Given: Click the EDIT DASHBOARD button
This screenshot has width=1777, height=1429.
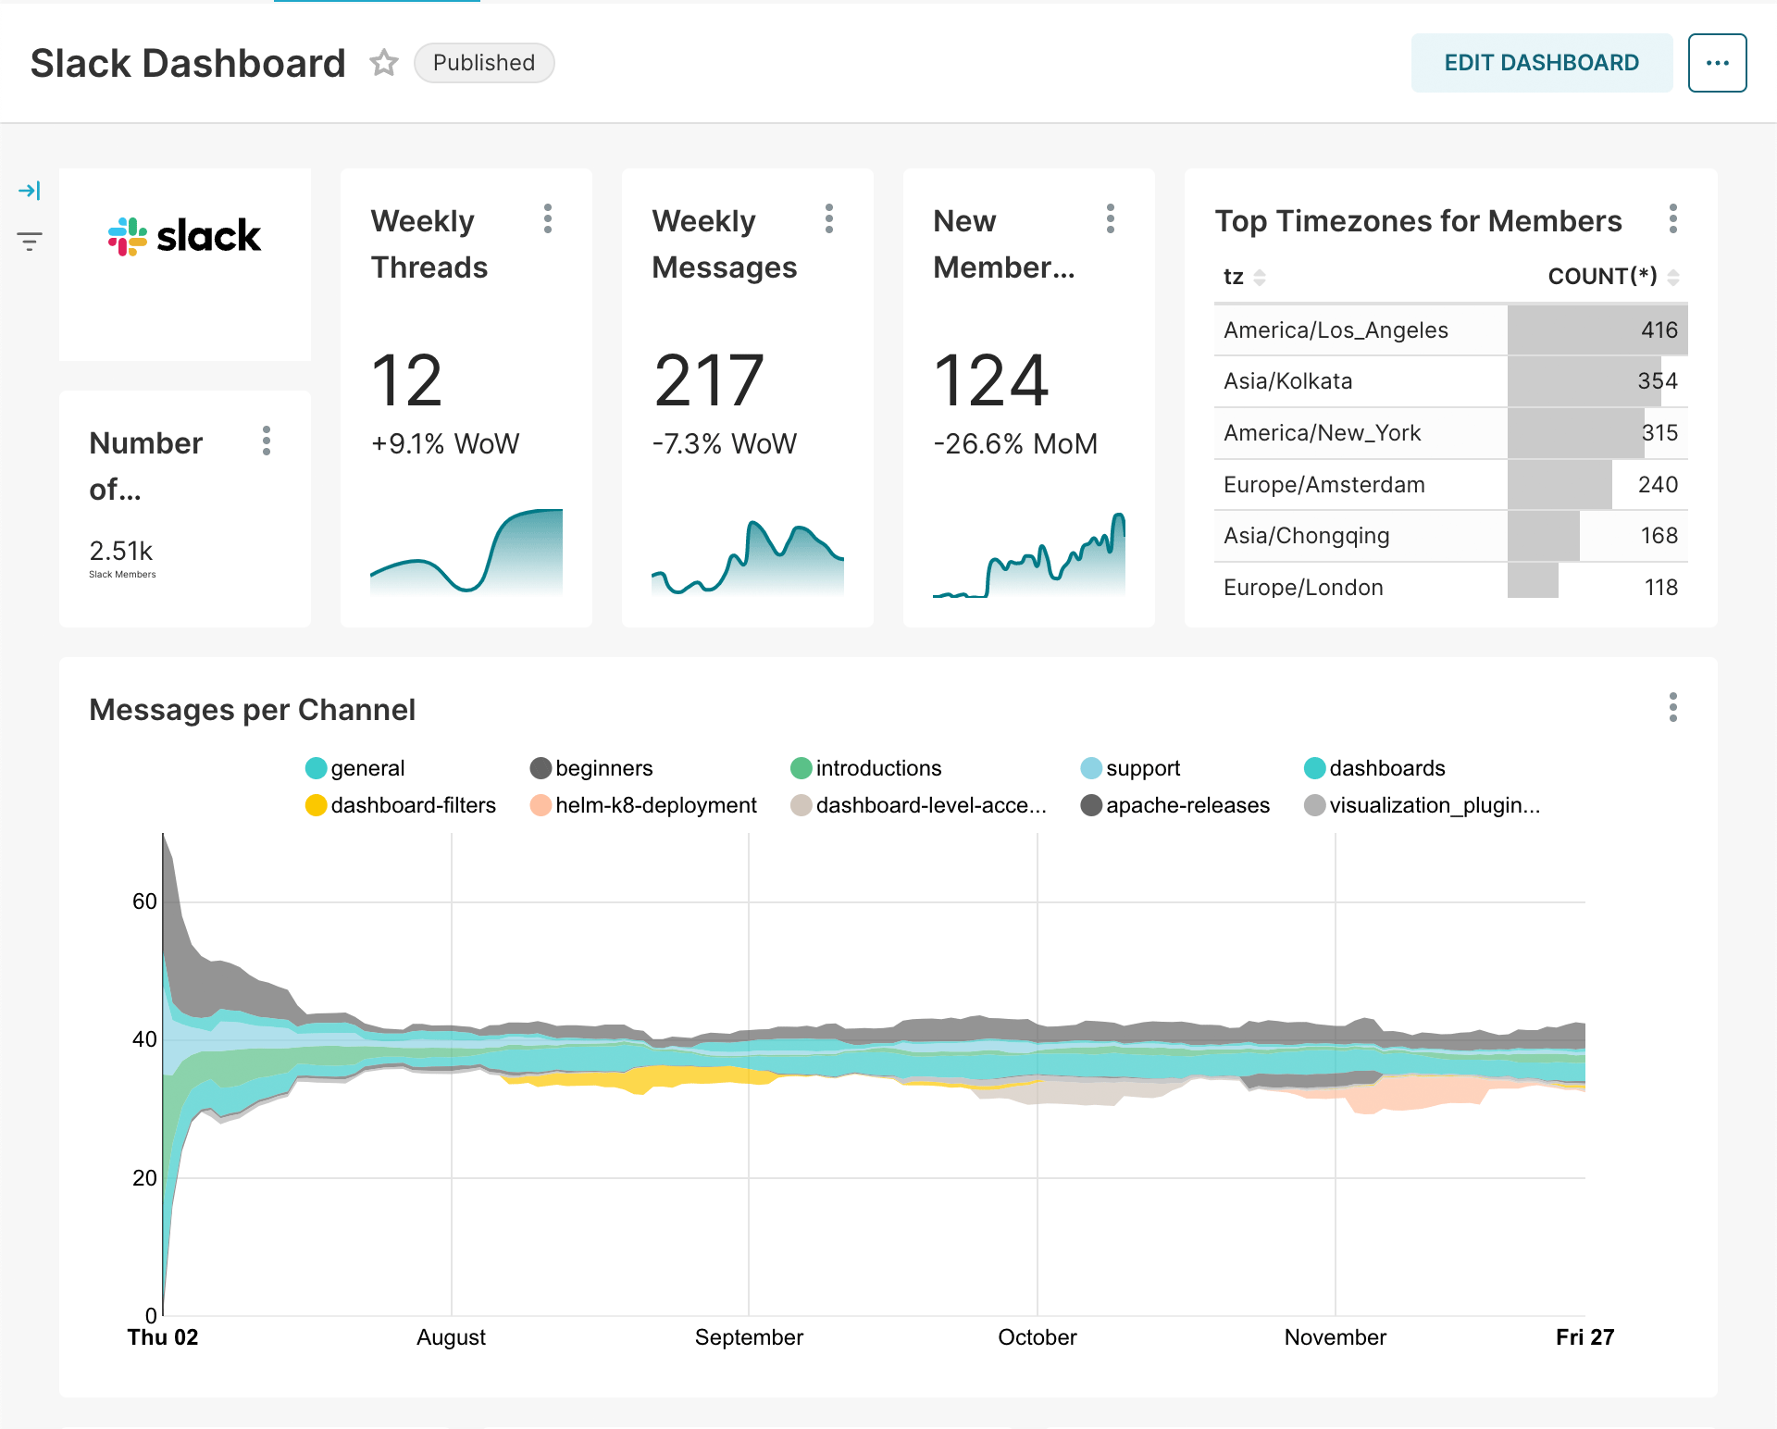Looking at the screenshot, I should [x=1541, y=63].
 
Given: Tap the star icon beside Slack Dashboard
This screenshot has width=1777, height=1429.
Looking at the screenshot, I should [x=383, y=63].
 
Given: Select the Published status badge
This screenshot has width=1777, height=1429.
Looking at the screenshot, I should [x=483, y=63].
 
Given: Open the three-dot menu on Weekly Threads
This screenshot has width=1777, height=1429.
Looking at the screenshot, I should [x=548, y=219].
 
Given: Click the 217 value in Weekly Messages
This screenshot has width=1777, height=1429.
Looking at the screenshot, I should [x=709, y=380].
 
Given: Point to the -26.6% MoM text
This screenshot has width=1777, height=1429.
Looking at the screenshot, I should [x=1015, y=444].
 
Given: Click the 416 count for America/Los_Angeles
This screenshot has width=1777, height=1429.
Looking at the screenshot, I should [x=1659, y=330].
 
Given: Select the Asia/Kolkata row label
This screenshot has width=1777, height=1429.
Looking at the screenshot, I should [x=1287, y=381].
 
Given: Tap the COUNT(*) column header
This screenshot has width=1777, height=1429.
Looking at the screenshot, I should [x=1602, y=277].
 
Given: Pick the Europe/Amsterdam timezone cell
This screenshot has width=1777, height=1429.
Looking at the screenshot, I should [x=1323, y=485].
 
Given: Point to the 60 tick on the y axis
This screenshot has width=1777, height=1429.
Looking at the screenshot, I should [x=144, y=901].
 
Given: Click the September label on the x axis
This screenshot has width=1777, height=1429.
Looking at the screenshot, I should [x=749, y=1337].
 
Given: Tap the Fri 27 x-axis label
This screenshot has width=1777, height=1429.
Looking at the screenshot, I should [x=1584, y=1337].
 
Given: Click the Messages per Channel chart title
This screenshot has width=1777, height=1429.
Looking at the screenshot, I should [x=252, y=710].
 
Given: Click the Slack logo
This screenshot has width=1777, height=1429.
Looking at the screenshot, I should [x=185, y=236].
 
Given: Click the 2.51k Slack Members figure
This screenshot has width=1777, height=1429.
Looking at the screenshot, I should [x=121, y=552].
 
